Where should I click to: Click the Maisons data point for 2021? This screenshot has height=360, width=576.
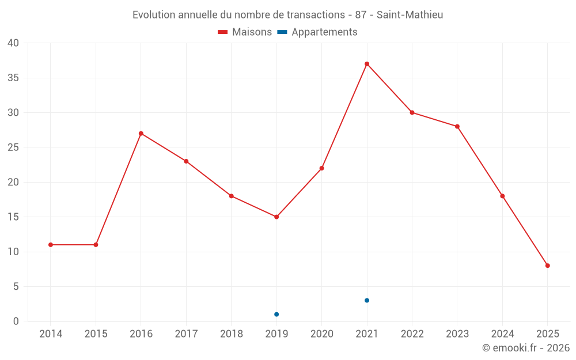point(367,64)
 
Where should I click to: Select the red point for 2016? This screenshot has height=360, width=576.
point(141,134)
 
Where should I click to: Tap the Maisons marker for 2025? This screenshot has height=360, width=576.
point(548,266)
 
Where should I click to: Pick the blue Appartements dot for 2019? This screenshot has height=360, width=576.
point(276,314)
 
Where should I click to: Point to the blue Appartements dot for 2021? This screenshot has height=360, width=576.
point(367,301)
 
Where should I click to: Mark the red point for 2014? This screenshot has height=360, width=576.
point(51,245)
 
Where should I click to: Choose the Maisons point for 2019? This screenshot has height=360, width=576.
point(276,217)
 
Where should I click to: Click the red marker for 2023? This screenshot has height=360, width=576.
point(457,127)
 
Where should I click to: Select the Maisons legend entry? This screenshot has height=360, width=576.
point(245,32)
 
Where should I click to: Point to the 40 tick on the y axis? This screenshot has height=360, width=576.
point(13,43)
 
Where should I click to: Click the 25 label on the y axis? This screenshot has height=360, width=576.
point(13,147)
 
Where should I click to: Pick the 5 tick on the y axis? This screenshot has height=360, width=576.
point(16,287)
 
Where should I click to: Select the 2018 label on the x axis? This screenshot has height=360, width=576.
point(232,334)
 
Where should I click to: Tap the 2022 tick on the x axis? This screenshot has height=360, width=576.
point(412,334)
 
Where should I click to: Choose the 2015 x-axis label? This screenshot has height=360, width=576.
point(96,334)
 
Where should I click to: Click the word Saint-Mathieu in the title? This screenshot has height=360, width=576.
point(410,15)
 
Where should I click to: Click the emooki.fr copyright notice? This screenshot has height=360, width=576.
point(526,348)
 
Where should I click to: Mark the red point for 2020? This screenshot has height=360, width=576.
point(322,168)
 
